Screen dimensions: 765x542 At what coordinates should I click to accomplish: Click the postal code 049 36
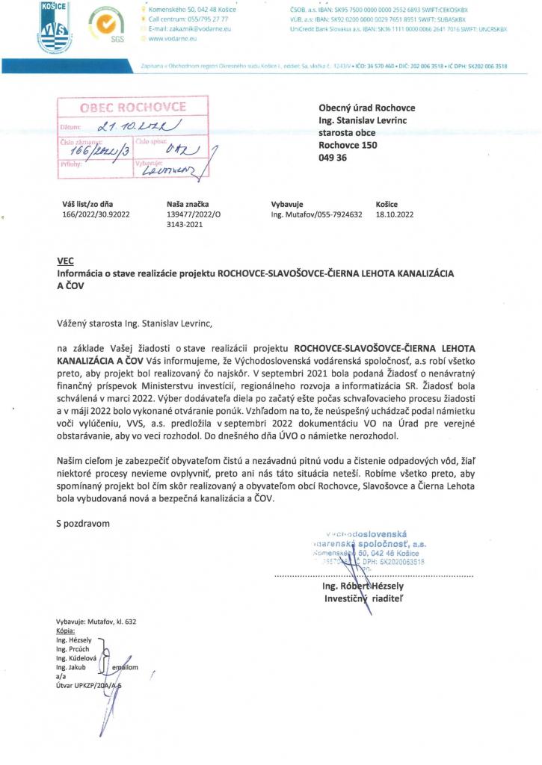333,158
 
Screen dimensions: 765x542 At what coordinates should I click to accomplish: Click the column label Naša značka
188,204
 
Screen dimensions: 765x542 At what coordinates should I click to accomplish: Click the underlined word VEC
65,262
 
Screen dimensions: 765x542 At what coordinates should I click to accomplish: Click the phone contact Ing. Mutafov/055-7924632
316,214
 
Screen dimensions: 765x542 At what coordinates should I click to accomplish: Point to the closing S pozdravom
83,523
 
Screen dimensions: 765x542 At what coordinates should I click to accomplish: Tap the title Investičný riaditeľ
362,598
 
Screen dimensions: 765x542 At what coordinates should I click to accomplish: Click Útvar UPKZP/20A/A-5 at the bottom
88,684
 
